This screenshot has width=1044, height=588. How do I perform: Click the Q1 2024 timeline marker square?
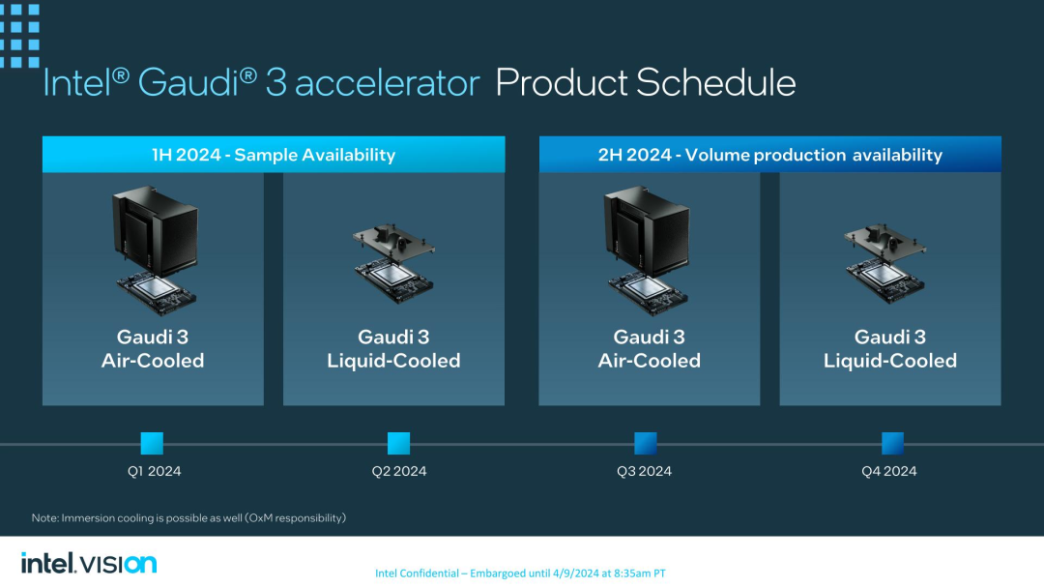[152, 444]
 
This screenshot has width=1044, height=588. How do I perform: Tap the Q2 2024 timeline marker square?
[399, 444]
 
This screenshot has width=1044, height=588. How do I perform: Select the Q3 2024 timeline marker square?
[645, 444]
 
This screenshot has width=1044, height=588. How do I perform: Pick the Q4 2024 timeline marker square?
[892, 444]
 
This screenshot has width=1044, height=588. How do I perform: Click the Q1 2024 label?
[154, 471]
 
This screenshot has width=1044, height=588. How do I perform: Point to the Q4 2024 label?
[889, 471]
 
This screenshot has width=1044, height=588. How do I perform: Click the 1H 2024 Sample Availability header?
[274, 155]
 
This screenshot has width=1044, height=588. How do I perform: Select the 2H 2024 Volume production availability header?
[769, 155]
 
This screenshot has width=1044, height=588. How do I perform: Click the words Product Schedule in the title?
[645, 83]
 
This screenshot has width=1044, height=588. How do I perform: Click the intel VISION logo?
[89, 564]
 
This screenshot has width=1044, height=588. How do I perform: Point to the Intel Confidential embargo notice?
[520, 573]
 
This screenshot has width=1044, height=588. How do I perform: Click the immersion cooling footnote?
[188, 518]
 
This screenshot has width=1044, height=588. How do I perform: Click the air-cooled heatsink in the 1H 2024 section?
[156, 230]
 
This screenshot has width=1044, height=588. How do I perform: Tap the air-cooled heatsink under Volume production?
[647, 230]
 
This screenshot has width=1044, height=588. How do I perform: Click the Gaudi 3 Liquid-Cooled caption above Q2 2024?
[393, 349]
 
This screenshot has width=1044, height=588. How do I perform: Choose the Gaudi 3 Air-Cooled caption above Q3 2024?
[650, 349]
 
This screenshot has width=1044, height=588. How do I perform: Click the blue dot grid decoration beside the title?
[19, 35]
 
